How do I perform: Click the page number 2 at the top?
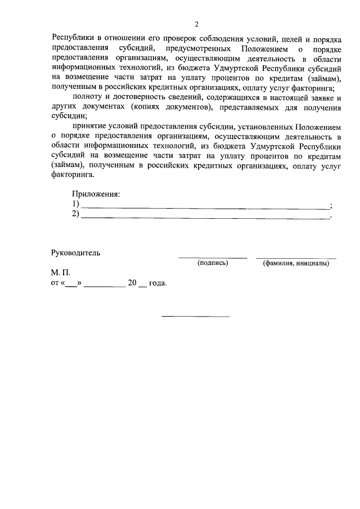tap(197, 24)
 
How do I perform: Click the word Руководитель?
tap(75, 253)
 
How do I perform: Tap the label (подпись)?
tap(213, 263)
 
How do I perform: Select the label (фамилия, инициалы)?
tap(296, 263)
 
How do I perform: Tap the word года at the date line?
tap(157, 283)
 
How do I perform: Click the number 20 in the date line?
tap(133, 283)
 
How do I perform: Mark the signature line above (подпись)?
tap(213, 258)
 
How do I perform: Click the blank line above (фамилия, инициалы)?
tap(296, 258)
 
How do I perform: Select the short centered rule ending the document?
tap(196, 316)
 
